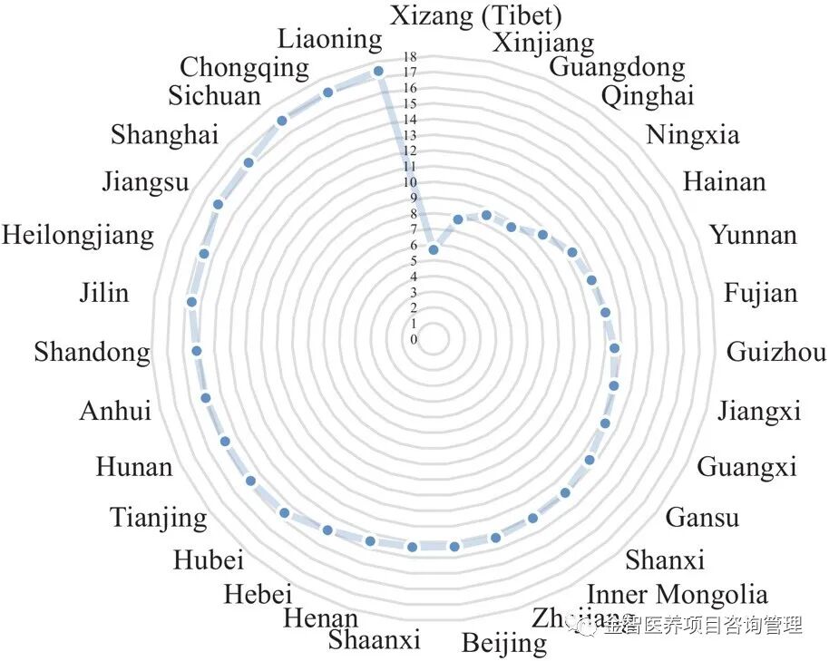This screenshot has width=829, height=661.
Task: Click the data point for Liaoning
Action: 378,71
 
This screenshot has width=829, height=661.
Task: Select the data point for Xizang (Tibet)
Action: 434,249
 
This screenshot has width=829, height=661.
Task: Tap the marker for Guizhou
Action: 614,348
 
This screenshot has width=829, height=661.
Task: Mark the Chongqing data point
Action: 328,92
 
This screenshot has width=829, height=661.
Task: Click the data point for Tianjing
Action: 250,481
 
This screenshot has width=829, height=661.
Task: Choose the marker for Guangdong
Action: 486,215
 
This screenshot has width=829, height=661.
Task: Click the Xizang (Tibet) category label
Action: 476,15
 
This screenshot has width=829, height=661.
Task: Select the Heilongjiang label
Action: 78,237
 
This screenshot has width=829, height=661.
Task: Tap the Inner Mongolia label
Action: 678,595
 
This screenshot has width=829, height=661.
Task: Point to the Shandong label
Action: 92,352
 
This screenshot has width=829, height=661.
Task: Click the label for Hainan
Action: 724,181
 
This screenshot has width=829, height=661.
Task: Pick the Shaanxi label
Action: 375,640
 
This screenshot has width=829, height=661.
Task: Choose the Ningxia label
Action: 692,135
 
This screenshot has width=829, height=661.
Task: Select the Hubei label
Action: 209,559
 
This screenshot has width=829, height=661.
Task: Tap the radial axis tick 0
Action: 414,340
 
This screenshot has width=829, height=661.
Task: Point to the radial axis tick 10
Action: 414,182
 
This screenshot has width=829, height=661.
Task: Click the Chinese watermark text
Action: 702,624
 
